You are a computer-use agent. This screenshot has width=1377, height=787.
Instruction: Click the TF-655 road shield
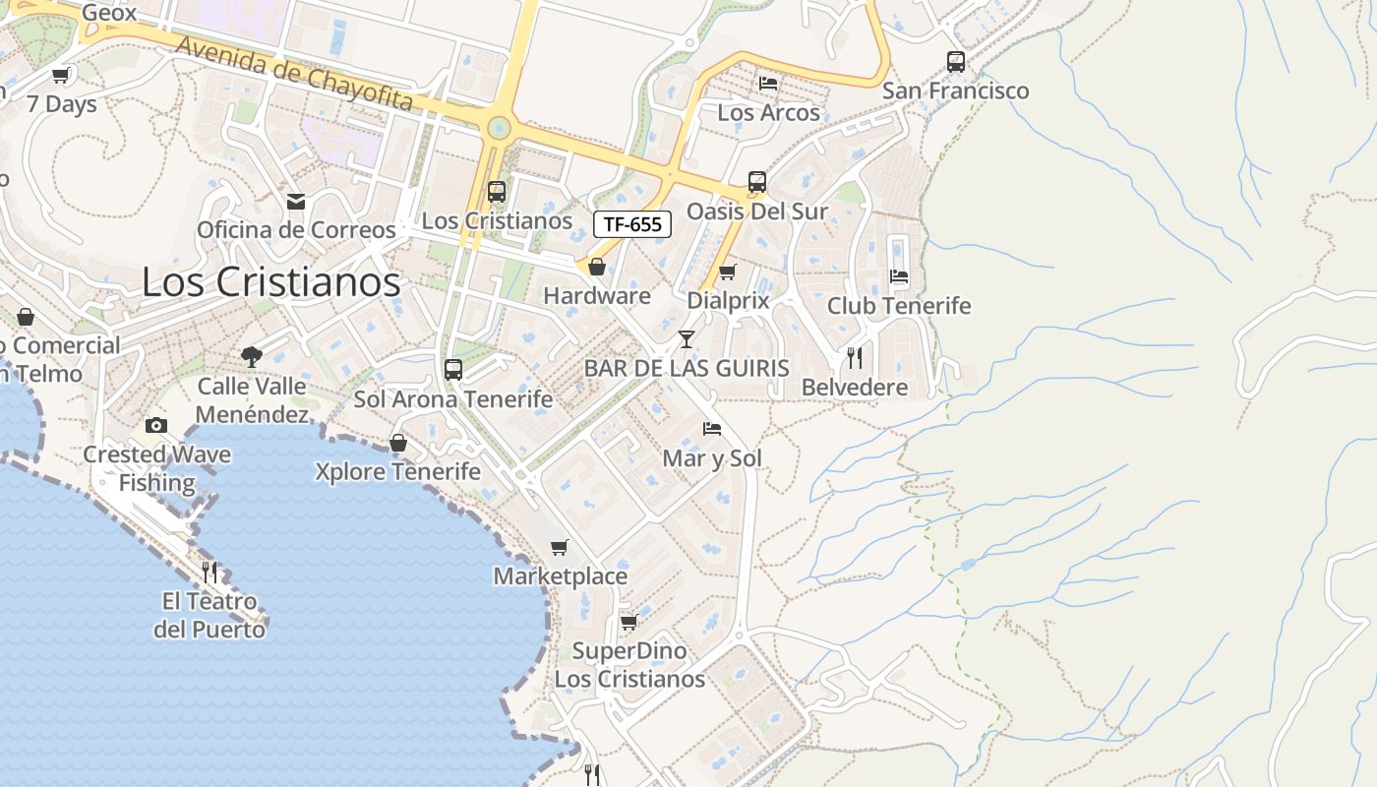632,224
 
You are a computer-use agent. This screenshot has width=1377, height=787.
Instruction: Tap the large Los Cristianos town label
271,282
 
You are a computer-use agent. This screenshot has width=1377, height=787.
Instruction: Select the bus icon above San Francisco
955,62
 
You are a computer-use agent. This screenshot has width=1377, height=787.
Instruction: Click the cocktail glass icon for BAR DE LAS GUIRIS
687,339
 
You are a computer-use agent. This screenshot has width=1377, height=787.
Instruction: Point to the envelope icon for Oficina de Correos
295,202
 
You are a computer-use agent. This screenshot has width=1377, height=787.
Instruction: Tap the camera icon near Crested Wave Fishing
155,425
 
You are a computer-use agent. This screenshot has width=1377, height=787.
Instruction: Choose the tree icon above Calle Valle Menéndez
252,357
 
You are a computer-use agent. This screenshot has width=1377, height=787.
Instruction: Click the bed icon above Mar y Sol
712,428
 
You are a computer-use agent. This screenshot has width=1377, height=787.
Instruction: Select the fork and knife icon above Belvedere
854,357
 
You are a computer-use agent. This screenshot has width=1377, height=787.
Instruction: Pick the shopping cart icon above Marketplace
559,547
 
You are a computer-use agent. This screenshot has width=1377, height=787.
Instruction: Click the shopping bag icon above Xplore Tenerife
398,443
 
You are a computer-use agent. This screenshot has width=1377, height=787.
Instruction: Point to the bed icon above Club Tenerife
898,275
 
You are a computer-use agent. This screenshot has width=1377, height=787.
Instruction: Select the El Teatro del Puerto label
209,615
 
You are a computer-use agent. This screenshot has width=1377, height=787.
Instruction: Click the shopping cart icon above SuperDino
629,622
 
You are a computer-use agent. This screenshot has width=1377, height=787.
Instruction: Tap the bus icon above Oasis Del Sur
756,182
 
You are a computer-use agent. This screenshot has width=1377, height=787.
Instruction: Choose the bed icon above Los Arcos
767,83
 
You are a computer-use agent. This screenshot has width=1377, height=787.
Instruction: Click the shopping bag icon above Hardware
596,267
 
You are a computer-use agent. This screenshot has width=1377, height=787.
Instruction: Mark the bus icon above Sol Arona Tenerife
452,370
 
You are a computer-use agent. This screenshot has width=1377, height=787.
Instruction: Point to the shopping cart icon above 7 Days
61,75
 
